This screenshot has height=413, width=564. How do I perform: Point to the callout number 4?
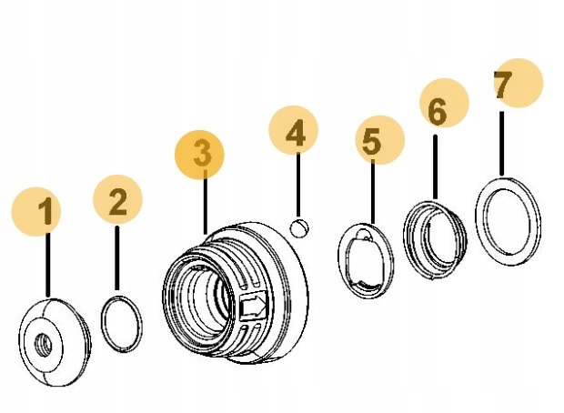click(x=295, y=136)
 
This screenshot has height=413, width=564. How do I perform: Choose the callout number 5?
click(x=370, y=141)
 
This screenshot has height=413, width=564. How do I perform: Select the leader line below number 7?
click(x=502, y=141)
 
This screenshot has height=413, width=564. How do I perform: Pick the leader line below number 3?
click(x=206, y=200)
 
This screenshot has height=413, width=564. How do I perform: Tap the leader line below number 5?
click(x=372, y=191)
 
